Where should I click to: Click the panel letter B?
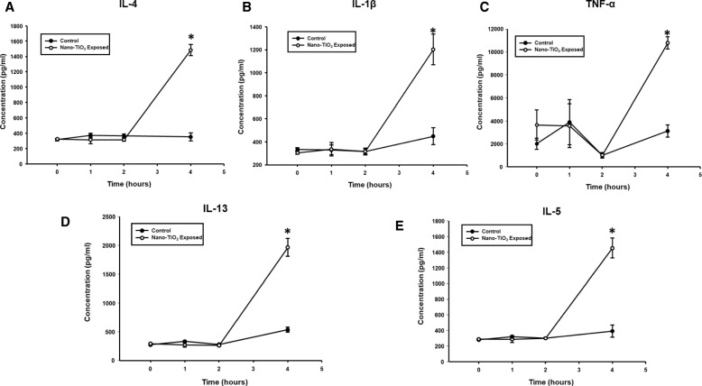click(245, 7)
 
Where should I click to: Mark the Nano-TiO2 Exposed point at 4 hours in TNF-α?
click(668, 42)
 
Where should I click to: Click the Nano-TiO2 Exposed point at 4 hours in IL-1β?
click(432, 49)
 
